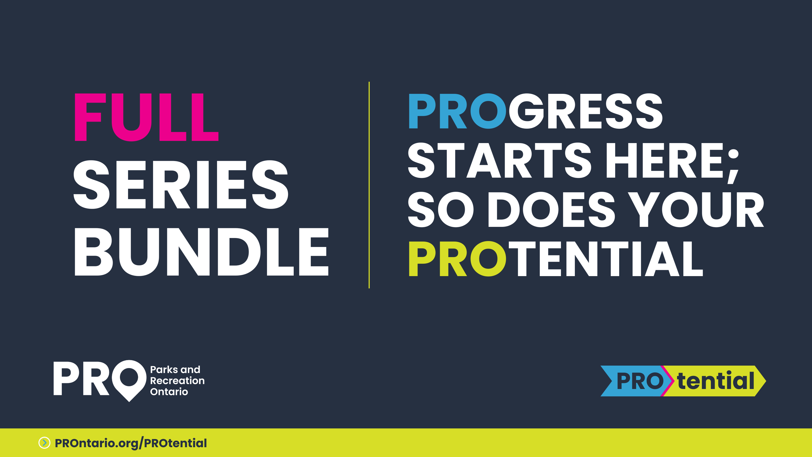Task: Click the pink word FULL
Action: coord(146,117)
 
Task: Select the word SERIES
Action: coord(181,184)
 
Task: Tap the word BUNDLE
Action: coord(202,252)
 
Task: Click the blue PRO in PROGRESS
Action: coord(457,111)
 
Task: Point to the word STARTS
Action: coord(500,160)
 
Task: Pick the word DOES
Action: coord(551,209)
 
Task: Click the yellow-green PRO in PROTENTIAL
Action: coord(457,259)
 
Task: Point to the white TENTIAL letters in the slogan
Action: coord(606,259)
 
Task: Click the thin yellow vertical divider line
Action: coord(369,185)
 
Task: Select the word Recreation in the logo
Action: coord(177,381)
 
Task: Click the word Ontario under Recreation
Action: coord(169,392)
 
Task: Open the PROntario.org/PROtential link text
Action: coord(131,443)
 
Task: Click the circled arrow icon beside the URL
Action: coord(44,443)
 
